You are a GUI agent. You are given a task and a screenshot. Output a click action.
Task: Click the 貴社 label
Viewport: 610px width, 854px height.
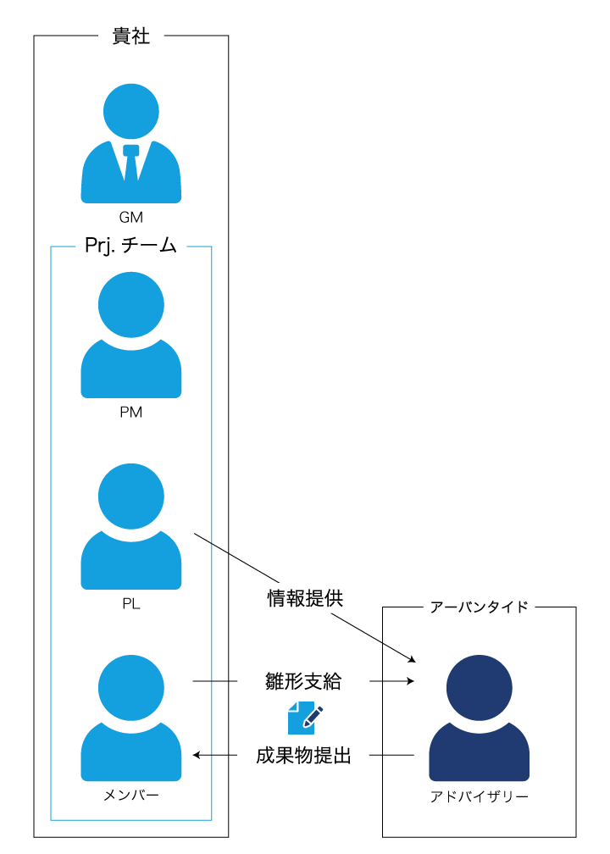point(131,36)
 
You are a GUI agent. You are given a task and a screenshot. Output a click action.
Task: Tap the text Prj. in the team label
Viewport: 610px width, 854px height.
point(101,246)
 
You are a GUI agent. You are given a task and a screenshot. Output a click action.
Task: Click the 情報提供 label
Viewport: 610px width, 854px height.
point(305,598)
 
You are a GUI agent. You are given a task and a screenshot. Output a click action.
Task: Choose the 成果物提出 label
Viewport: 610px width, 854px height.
point(303,755)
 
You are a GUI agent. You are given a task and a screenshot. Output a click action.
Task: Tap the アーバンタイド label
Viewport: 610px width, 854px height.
point(479,607)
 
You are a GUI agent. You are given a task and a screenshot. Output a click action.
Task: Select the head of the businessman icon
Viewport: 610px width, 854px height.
point(131,111)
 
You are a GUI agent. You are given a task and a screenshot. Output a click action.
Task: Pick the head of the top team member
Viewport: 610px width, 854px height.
point(131,304)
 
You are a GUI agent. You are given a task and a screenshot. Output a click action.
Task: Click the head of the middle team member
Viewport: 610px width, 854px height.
point(131,496)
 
